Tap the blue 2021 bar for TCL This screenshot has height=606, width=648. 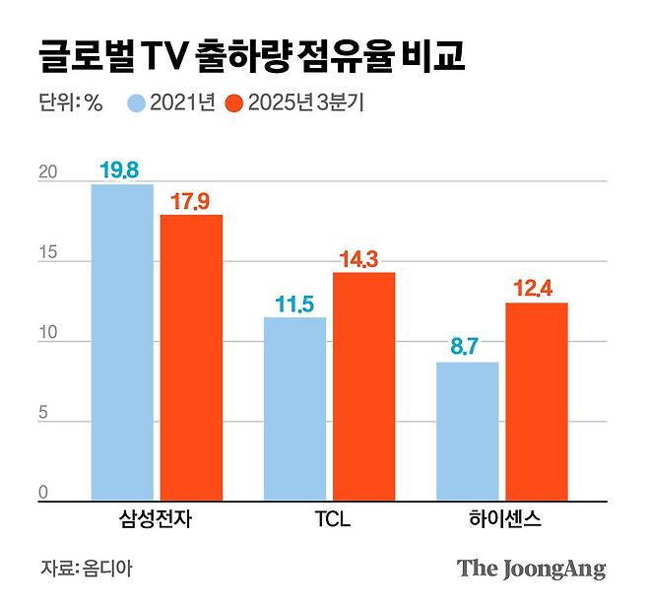pos(294,409)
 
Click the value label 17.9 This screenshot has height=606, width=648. pos(191,201)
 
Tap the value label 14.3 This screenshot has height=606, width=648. pos(363,259)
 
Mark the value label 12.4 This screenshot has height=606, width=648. pos(537,289)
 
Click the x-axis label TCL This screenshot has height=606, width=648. pos(328,519)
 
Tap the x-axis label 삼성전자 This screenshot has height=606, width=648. pos(157,519)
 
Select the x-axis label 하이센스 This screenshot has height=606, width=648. pos(501,519)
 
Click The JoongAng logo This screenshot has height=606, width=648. pos(531,569)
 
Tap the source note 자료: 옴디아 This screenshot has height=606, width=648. pos(87,569)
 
